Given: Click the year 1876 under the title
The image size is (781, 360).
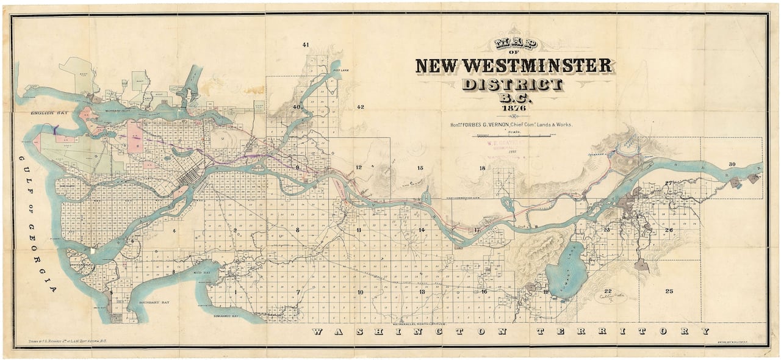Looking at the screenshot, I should point(513,109).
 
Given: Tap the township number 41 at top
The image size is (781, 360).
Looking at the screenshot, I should point(306,45).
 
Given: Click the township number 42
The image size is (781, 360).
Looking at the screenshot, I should point(360,107).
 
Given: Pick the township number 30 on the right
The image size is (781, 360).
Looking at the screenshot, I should point(732,164).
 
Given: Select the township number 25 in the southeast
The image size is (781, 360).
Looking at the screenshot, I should point(669,291).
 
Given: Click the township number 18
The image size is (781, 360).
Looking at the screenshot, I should point(482,168).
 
